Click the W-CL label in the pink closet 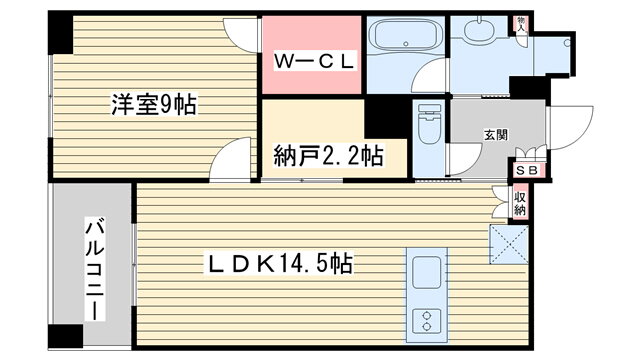[313, 61]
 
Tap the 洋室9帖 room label [154, 104]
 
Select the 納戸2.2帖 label [329, 156]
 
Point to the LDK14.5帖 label [280, 264]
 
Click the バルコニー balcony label [95, 269]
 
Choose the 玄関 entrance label [496, 135]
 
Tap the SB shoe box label [527, 170]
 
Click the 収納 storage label [520, 204]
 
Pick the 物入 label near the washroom [521, 25]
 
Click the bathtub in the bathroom [405, 35]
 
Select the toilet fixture [430, 122]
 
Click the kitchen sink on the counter [427, 273]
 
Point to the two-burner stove [427, 321]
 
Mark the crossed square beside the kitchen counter [509, 244]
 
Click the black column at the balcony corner [66, 336]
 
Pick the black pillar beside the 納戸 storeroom [386, 118]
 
